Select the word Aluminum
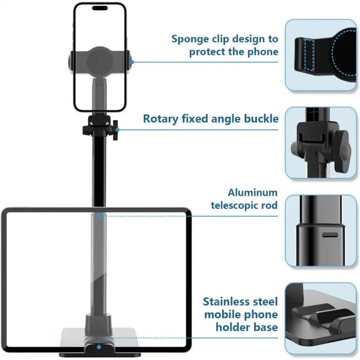pyautogui.click(x=253, y=193)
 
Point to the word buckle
pyautogui.click(x=260, y=119)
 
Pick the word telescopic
pyautogui.click(x=237, y=206)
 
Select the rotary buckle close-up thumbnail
pyautogui.click(x=321, y=142)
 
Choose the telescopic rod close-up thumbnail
pyautogui.click(x=321, y=230)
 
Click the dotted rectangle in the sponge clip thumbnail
pyautogui.click(x=309, y=53)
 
